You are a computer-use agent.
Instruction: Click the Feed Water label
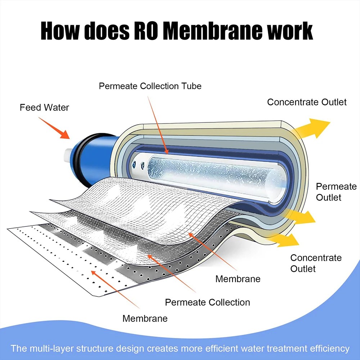(x=44, y=107)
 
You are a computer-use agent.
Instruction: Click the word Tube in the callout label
(x=190, y=86)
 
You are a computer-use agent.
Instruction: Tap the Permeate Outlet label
(x=336, y=192)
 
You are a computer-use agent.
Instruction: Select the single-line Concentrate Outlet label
(x=307, y=102)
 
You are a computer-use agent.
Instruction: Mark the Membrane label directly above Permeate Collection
(x=238, y=279)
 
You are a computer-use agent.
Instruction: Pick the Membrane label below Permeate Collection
(x=145, y=318)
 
